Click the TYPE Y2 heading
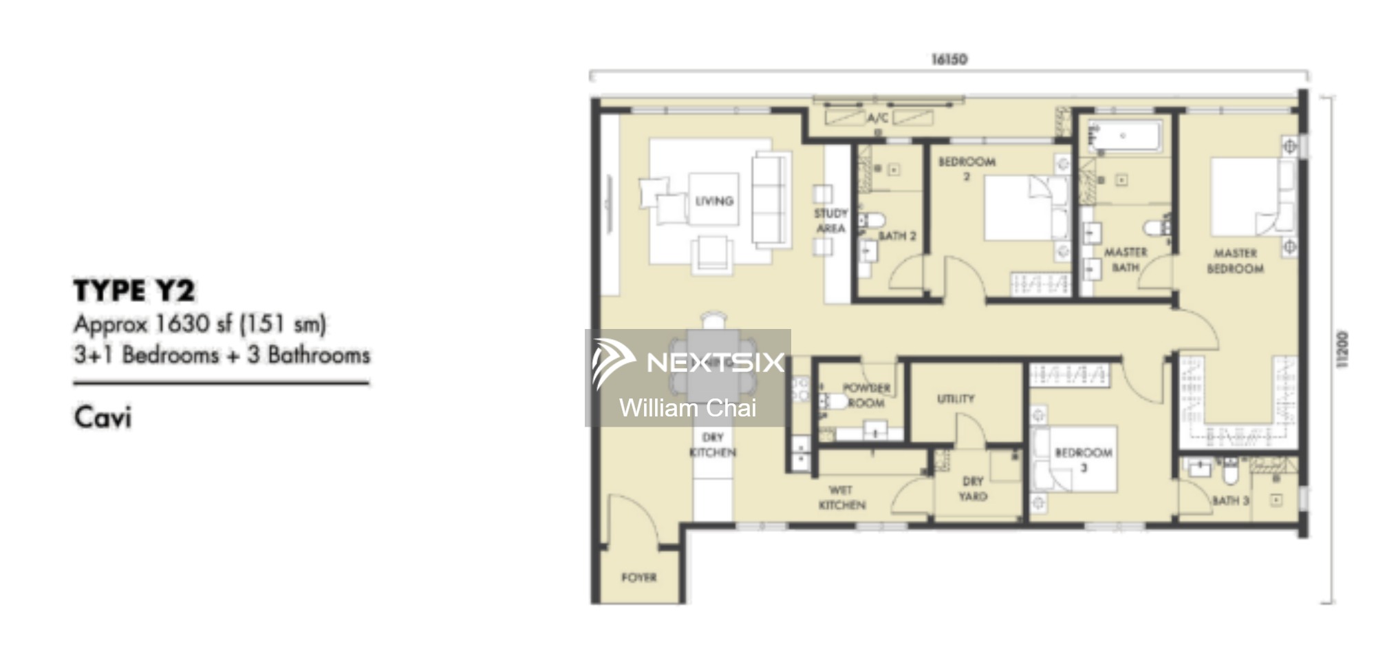pos(134,291)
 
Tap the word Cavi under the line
pos(103,418)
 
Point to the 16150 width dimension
pos(949,59)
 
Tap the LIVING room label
pos(713,201)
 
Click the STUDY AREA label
pos(830,221)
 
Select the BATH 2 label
pos(896,236)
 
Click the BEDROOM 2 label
pos(967,169)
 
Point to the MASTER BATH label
pos(1126,259)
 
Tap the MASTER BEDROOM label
pos(1235,261)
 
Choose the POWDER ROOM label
pos(866,395)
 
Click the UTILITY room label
pos(956,399)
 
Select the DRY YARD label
pos(972,488)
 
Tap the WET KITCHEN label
pos(841,497)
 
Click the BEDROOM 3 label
pos(1083,460)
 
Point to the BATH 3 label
pos(1229,500)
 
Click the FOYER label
pos(638,577)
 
